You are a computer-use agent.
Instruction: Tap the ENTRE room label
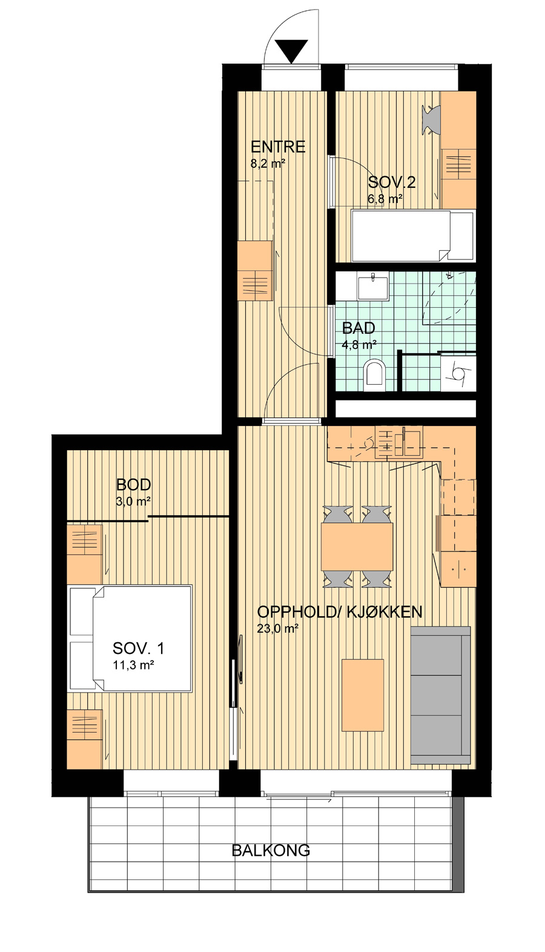(x=278, y=147)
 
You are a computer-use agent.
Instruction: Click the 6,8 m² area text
(x=385, y=199)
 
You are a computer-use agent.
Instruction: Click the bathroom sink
(x=372, y=287)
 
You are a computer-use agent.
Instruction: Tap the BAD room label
(x=358, y=328)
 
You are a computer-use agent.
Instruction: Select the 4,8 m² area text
(x=359, y=344)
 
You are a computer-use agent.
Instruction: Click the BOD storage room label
(x=133, y=485)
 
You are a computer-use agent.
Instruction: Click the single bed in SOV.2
(x=412, y=236)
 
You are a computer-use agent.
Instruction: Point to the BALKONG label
(x=271, y=850)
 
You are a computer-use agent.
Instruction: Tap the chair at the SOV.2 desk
(x=432, y=120)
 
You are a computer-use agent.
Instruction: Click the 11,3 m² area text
(x=133, y=665)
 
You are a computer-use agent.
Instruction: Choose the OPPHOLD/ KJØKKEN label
(x=340, y=612)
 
